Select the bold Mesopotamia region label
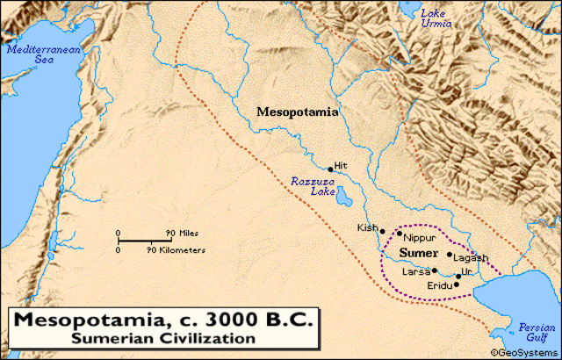(298, 112)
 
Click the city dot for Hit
(330, 169)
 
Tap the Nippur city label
(420, 238)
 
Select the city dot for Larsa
(434, 270)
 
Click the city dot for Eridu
(457, 284)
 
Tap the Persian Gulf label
(537, 330)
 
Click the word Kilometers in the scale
(183, 250)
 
